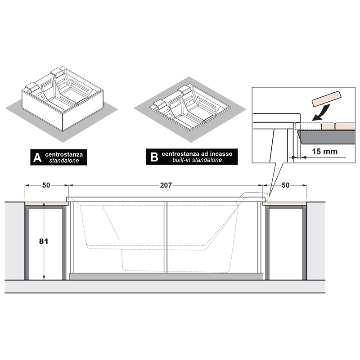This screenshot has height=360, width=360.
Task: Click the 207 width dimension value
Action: click(x=166, y=185)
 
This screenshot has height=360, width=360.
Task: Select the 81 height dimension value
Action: click(x=43, y=241)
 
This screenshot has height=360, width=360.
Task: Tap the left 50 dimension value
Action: click(x=46, y=185)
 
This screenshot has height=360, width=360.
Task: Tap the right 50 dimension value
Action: click(x=285, y=185)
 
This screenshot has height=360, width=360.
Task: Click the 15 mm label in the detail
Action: click(x=324, y=152)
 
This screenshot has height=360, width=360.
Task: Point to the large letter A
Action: click(x=37, y=157)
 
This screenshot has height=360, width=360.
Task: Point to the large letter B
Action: click(x=154, y=157)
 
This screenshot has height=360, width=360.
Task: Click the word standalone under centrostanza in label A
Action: click(x=64, y=161)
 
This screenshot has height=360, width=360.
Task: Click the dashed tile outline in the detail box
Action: click(x=308, y=126)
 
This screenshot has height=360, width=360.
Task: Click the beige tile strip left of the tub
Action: click(x=47, y=204)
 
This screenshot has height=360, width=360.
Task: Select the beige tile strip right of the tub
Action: click(x=284, y=204)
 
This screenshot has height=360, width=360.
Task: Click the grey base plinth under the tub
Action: click(x=165, y=276)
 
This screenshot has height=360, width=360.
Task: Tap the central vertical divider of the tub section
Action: click(x=166, y=238)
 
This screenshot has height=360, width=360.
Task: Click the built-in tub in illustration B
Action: click(x=190, y=108)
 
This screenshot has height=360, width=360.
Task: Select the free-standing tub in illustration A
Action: click(x=63, y=99)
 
